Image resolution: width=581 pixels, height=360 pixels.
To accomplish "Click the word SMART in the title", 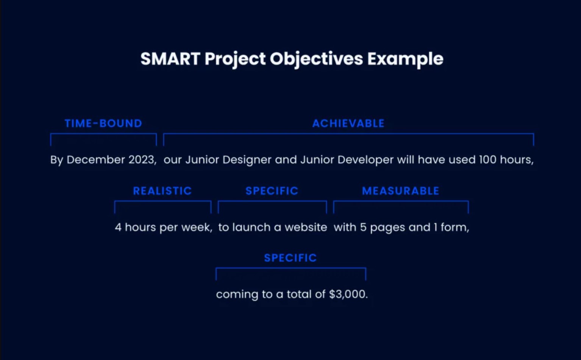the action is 170,59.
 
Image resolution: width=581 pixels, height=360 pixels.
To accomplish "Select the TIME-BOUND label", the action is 103,123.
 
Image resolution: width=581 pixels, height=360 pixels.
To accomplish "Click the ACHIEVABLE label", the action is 348,123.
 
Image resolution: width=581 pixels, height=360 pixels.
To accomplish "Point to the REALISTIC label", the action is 162,191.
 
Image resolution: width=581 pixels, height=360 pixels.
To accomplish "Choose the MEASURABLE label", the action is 400,191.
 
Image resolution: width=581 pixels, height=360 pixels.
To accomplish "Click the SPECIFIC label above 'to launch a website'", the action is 272,191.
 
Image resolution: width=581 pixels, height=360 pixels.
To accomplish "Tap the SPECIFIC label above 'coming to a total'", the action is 290,258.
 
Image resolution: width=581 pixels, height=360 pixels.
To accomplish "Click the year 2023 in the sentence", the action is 142,160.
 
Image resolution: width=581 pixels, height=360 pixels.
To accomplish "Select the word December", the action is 96,160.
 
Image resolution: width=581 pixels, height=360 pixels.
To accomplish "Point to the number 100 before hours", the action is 487,160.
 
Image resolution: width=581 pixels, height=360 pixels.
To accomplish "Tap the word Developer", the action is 365,160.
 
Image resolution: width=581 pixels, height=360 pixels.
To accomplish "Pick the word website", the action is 306,227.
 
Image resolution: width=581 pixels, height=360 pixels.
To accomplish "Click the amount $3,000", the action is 348,295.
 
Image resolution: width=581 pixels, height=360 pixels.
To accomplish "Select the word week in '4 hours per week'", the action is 197,228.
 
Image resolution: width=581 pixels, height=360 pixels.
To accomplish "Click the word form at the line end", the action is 455,227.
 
